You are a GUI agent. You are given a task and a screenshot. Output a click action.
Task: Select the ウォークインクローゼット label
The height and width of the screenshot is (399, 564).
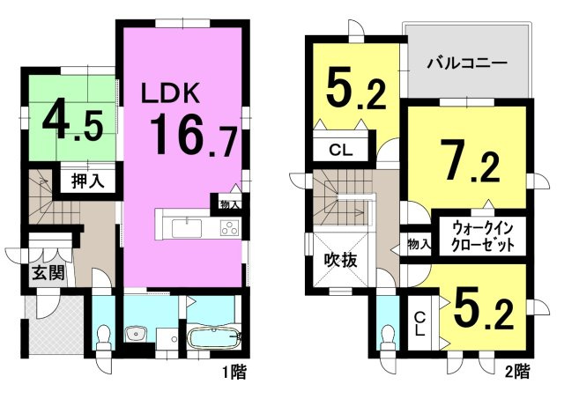479,235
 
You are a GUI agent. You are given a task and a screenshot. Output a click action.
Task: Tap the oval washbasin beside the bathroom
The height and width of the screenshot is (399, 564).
137,334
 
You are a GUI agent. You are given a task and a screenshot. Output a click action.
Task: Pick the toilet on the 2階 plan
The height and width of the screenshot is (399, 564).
388,334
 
